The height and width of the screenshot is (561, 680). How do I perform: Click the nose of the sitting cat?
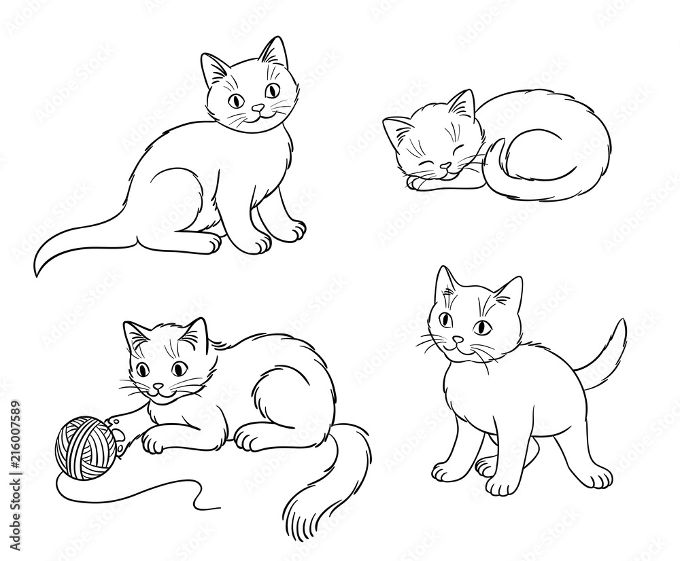coord(258,108)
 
